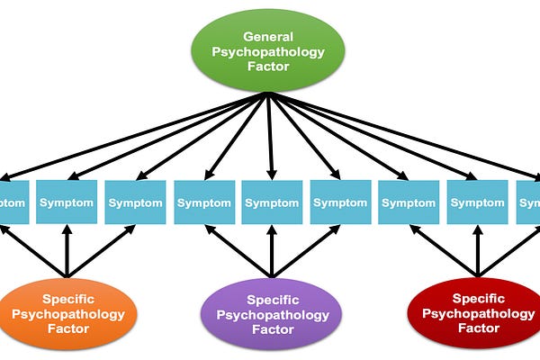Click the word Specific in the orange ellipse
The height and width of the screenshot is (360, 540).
[x=68, y=297]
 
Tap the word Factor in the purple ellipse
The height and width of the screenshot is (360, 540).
[x=272, y=329]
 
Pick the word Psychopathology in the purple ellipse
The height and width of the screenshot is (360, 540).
[x=272, y=313]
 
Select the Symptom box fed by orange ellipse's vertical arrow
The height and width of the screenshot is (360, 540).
[x=66, y=202]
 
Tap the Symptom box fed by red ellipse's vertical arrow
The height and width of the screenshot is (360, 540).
[x=478, y=202]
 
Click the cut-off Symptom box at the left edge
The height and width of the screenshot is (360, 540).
[x=12, y=202]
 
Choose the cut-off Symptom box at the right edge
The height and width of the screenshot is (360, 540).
[x=528, y=202]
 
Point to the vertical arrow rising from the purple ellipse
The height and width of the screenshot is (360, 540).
[x=272, y=252]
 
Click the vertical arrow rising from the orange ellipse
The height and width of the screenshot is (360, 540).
[x=66, y=252]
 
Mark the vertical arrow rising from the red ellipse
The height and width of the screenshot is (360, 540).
[x=478, y=252]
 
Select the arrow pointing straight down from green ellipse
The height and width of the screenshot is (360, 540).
[x=269, y=135]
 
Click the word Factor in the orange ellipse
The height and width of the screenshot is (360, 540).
[x=68, y=329]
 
